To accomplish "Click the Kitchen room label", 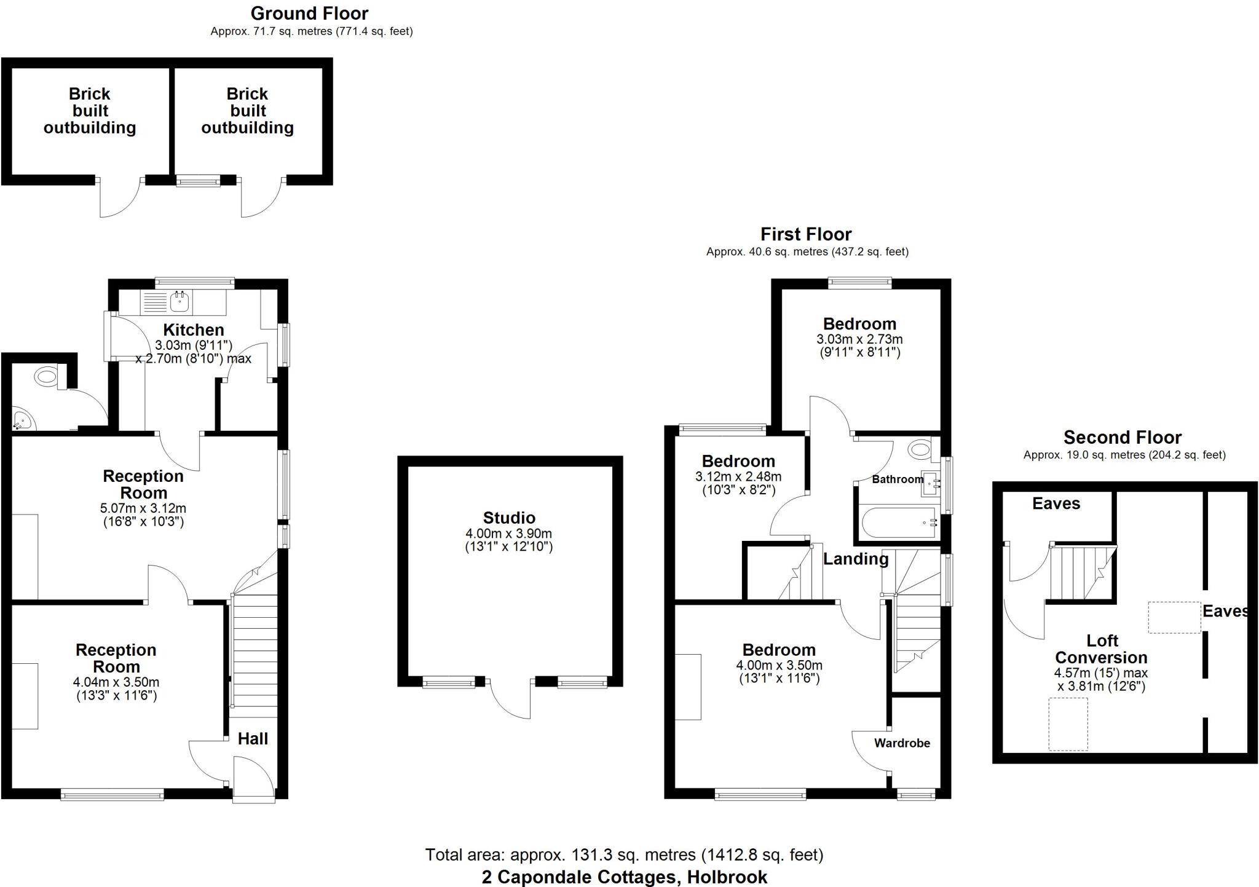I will pyautogui.click(x=193, y=329).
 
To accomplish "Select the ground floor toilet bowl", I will pyautogui.click(x=47, y=376).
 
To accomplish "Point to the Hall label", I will pyautogui.click(x=253, y=738).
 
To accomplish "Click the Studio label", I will pyautogui.click(x=509, y=518).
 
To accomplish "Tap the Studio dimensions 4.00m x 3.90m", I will pyautogui.click(x=509, y=534).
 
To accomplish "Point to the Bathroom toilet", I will pyautogui.click(x=920, y=449).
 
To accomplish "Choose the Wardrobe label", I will pyautogui.click(x=902, y=743).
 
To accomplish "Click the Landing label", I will pyautogui.click(x=856, y=559).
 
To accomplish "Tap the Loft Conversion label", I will pyautogui.click(x=1102, y=648).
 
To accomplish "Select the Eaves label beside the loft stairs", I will pyautogui.click(x=1056, y=503).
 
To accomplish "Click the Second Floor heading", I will pyautogui.click(x=1123, y=437).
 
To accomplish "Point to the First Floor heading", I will pyautogui.click(x=806, y=234).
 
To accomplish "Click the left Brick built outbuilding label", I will pyautogui.click(x=90, y=111).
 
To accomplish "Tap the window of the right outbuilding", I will pyautogui.click(x=198, y=180).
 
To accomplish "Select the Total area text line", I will pyautogui.click(x=624, y=854).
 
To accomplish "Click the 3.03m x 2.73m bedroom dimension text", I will pyautogui.click(x=859, y=339).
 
